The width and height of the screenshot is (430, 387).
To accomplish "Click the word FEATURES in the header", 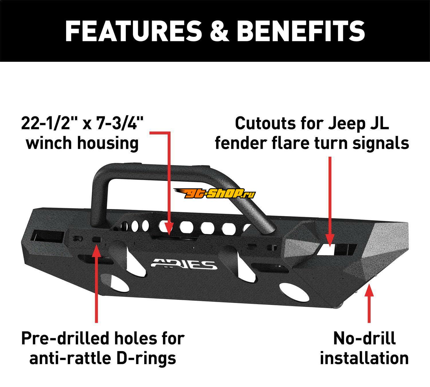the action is (x=134, y=31).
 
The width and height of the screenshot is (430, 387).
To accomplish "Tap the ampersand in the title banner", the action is (x=219, y=31).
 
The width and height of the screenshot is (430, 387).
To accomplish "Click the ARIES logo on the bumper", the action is (x=184, y=264).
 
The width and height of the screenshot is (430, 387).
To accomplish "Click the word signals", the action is (x=381, y=144).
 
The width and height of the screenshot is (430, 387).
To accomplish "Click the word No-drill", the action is (x=364, y=338).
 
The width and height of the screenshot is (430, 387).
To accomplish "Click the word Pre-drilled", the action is (x=66, y=338).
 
